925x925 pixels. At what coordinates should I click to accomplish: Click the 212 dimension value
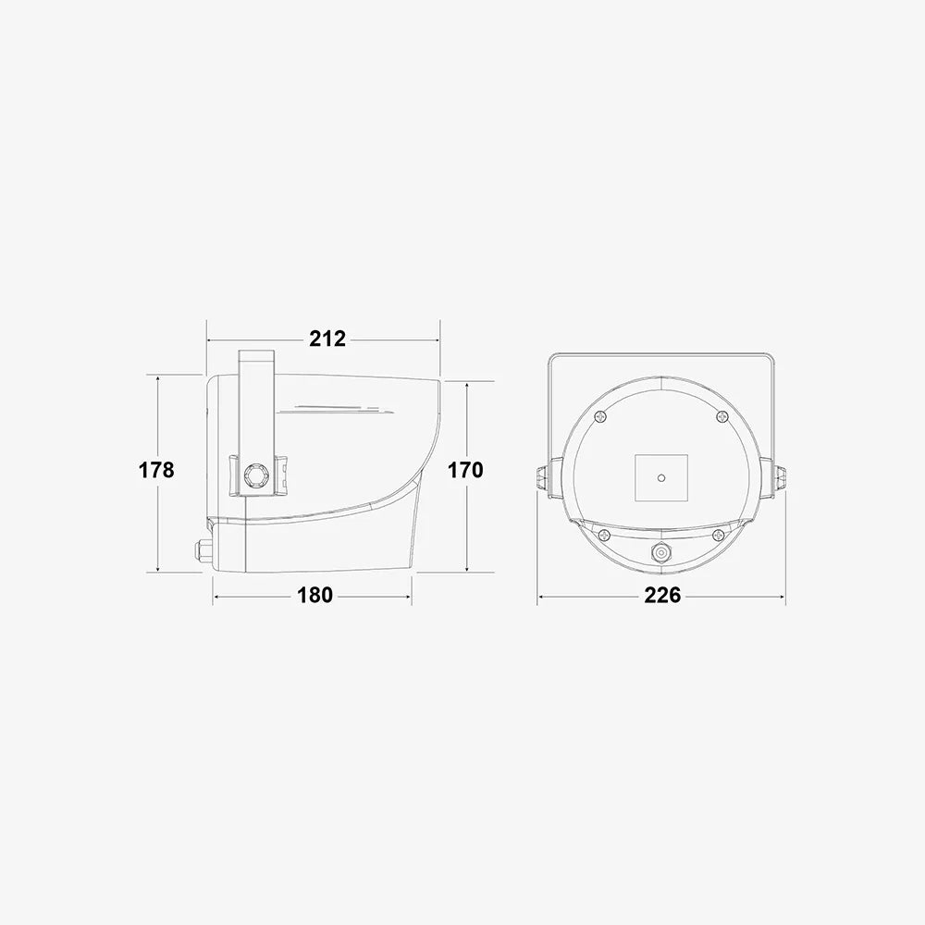[x=328, y=339]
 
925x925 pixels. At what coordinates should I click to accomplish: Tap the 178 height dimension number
[x=156, y=470]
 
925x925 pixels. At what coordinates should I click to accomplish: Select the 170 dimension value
[x=465, y=470]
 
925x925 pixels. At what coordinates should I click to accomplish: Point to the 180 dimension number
[x=314, y=595]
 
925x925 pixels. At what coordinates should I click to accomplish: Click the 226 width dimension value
[x=662, y=595]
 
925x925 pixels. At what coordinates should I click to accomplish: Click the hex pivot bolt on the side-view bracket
[x=256, y=475]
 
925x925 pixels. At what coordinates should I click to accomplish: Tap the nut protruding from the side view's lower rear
[x=204, y=550]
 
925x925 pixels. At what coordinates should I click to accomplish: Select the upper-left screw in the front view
[x=600, y=417]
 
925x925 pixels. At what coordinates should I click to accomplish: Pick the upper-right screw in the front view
[x=722, y=417]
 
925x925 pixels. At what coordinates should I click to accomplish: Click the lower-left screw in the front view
[x=604, y=536]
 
